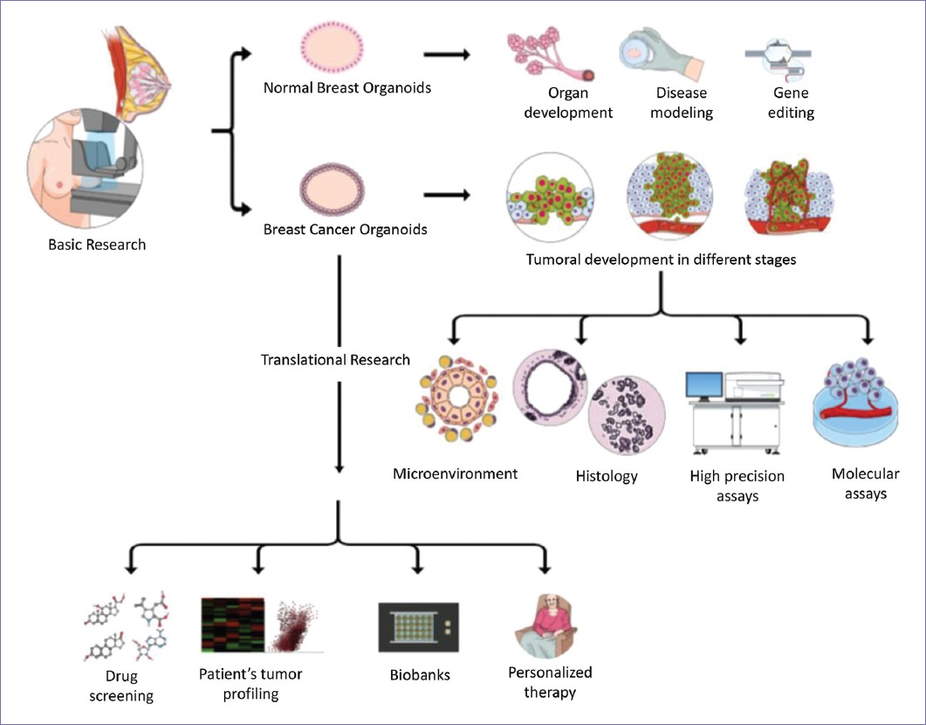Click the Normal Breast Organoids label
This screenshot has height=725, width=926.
click(347, 88)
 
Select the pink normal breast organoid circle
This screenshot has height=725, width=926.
click(332, 44)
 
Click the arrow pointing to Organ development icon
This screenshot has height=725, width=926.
click(446, 55)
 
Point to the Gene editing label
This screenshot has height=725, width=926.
click(791, 102)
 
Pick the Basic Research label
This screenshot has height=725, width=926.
click(97, 245)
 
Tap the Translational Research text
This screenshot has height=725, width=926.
click(335, 359)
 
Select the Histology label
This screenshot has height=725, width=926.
click(607, 476)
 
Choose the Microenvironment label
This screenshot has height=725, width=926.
click(455, 474)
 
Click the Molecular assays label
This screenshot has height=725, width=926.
click(865, 483)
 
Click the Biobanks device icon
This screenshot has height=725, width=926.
click(418, 626)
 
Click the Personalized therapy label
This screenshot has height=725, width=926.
click(550, 682)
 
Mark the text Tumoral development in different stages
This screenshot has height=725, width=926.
click(661, 259)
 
